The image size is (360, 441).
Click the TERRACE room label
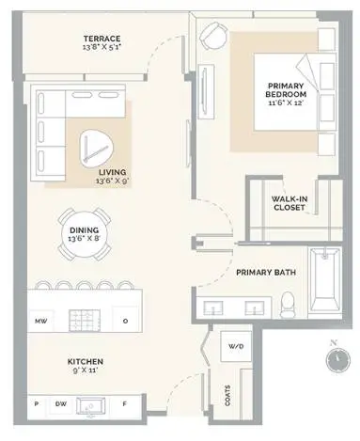point(102,39)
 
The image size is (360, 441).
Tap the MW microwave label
point(41,321)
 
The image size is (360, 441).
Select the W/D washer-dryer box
point(236,346)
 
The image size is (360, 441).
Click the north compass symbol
point(337,359)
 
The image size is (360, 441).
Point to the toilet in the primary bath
point(288,304)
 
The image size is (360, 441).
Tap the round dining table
point(84,234)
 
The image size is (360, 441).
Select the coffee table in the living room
point(96,149)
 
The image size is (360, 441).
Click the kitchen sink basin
point(91,406)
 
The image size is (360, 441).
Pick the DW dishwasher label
point(61,404)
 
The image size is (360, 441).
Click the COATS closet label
point(227,396)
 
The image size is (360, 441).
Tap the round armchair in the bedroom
point(213,35)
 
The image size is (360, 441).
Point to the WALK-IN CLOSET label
point(289,203)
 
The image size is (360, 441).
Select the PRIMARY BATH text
point(266,272)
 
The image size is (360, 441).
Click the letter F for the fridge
point(124,404)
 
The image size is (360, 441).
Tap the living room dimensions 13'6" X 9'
point(113,181)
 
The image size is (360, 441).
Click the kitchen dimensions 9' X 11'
point(86,370)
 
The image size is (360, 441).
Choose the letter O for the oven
point(125,321)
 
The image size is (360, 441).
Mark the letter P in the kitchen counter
point(37,404)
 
